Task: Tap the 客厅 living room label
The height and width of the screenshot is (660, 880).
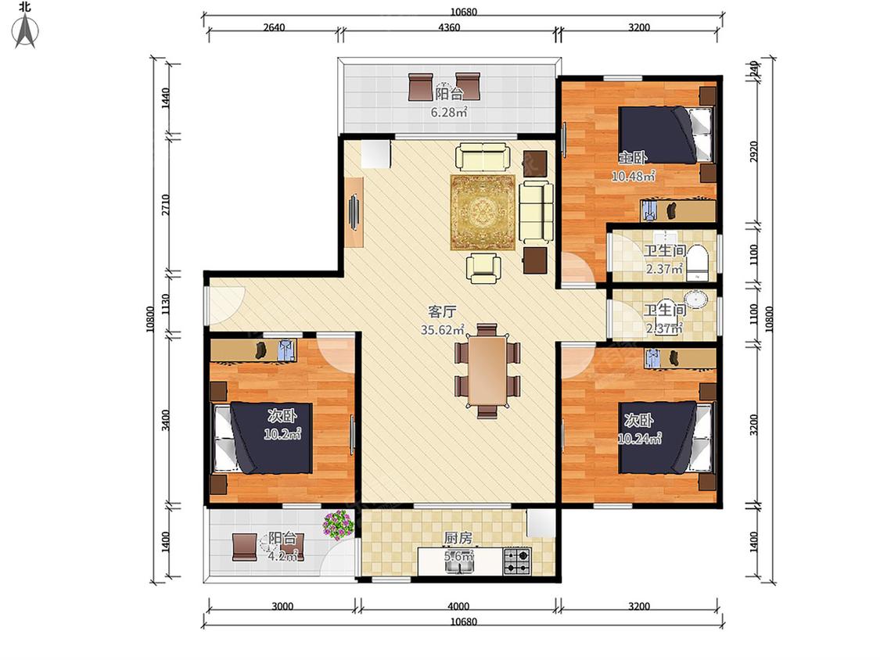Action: (x=442, y=312)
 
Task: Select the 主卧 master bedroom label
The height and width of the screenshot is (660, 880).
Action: (x=633, y=158)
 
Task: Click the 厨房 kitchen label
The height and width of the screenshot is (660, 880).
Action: (x=458, y=538)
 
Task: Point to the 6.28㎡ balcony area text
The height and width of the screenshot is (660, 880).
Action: (x=449, y=113)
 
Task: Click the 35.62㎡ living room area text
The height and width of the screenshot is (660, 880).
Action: (x=443, y=330)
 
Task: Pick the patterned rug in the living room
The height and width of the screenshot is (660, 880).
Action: (x=483, y=213)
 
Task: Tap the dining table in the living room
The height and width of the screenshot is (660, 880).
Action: (x=487, y=370)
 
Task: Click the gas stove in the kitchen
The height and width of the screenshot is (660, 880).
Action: (x=516, y=561)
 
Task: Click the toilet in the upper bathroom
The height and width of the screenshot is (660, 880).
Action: (x=698, y=262)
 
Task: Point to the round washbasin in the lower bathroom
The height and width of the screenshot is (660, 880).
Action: (x=696, y=300)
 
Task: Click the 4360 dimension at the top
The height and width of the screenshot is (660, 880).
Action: (x=449, y=27)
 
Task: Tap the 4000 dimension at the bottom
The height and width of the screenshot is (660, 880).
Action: (x=458, y=606)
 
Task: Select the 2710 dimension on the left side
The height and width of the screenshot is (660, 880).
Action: (x=165, y=205)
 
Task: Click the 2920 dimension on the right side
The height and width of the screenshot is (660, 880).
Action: (x=754, y=152)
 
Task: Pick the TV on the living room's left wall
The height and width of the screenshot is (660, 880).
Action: (x=354, y=212)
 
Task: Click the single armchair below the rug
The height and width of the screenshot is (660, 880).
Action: (x=483, y=267)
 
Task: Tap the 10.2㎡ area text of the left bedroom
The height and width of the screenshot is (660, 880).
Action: (x=282, y=434)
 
